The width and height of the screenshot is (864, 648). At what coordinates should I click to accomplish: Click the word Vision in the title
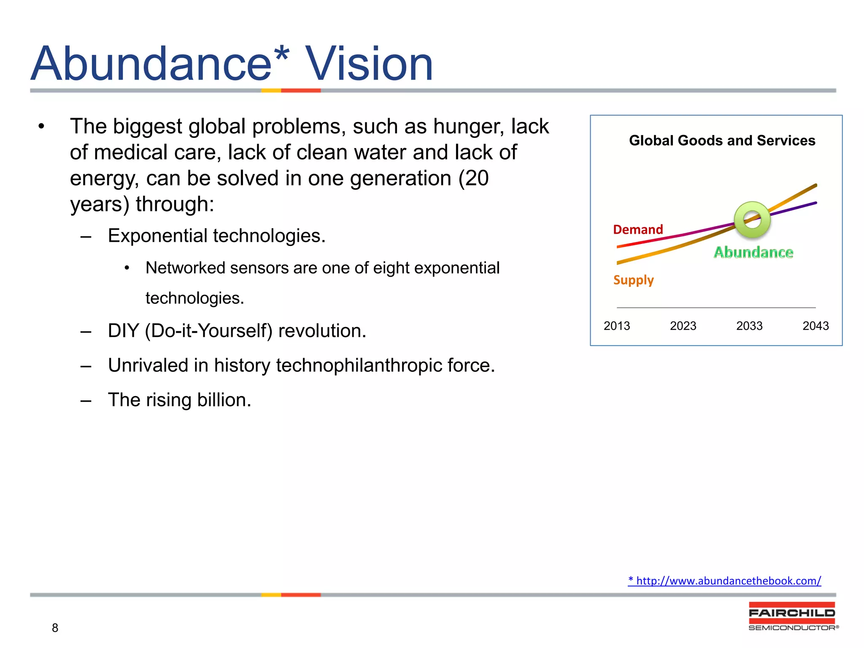pos(369,64)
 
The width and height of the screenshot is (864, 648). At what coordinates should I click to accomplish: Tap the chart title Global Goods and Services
pos(722,140)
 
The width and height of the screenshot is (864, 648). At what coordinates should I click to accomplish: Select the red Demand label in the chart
pos(638,229)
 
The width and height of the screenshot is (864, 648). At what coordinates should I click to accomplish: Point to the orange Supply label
pos(633,280)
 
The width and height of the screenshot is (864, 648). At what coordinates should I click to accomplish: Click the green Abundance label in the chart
pos(753,252)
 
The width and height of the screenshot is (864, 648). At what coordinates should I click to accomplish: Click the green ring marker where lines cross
pos(752,220)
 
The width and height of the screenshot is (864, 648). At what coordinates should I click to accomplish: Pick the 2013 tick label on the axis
pos(616,326)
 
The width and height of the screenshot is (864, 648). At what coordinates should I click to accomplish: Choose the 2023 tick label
pos(683,326)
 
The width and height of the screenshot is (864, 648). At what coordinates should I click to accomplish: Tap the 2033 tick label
pos(749,326)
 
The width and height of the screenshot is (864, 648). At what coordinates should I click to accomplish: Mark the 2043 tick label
pos(815,326)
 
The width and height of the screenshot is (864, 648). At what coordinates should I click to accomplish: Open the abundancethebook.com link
pos(724,581)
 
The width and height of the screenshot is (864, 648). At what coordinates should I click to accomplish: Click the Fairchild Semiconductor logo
pos(792,616)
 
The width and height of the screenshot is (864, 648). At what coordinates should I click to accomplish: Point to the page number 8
pos(55,628)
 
